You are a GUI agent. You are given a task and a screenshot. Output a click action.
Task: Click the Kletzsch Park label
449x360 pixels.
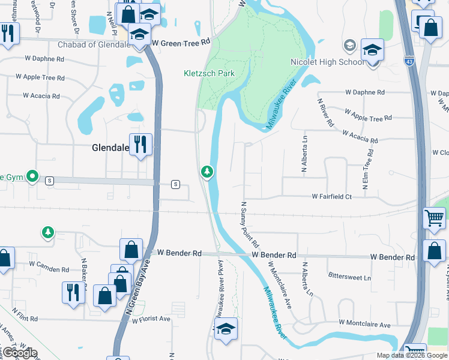tap(208, 73)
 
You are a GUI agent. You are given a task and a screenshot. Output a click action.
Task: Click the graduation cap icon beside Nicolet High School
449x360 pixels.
tap(372, 50)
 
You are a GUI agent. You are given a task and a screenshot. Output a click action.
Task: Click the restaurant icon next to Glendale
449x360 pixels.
tap(140, 144)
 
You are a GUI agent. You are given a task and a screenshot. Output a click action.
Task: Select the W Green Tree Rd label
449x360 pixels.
tap(181, 43)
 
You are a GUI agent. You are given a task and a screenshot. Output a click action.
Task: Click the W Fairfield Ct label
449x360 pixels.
tap(339, 196)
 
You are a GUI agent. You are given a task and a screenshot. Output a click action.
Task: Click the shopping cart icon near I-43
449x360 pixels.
tap(435, 220)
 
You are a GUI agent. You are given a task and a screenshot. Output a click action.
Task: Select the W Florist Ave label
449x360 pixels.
tap(149, 319)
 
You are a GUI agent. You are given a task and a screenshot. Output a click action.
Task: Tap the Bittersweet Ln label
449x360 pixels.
tap(349, 277)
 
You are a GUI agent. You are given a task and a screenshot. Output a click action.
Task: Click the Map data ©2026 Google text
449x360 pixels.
tap(412, 355)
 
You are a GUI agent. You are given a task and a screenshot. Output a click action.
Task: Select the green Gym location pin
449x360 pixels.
tap(34, 177)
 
